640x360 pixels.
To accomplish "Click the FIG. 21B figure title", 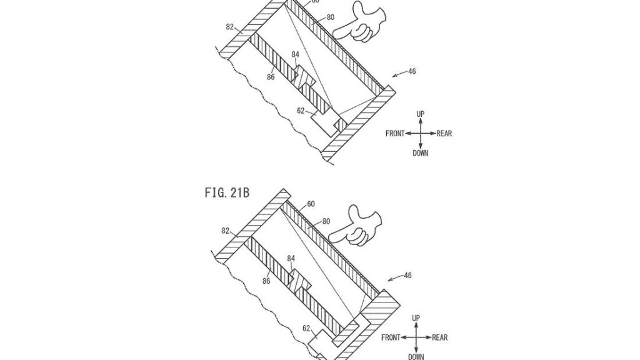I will [x=227, y=192].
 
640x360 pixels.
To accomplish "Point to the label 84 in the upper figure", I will [x=295, y=54].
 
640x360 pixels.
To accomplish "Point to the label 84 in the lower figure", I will [x=291, y=257].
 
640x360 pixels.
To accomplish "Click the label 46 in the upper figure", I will [x=411, y=72].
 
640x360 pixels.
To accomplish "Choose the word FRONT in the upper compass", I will [x=395, y=133].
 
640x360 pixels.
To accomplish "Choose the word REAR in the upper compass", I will [x=444, y=133].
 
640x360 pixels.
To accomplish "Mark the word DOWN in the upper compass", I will [x=421, y=153].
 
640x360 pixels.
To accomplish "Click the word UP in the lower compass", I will [x=416, y=318].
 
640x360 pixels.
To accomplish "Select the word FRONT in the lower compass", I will [x=391, y=338].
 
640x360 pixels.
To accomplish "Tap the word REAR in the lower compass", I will [x=440, y=338].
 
